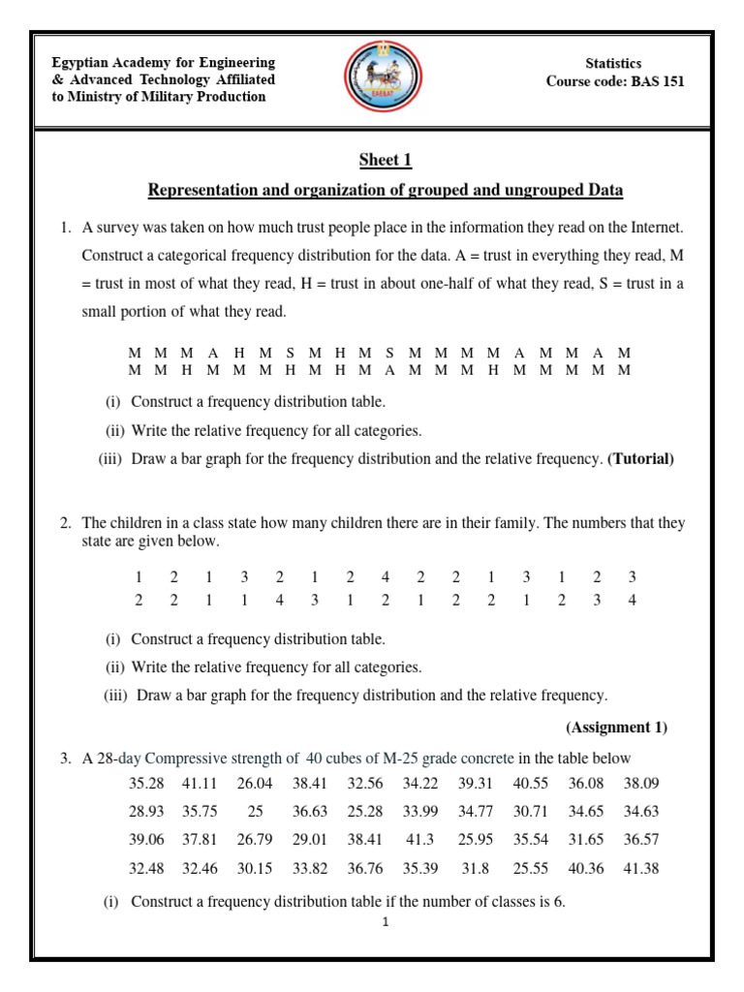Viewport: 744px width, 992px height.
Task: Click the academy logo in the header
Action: pyautogui.click(x=383, y=80)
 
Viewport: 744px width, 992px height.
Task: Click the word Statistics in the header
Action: pyautogui.click(x=614, y=63)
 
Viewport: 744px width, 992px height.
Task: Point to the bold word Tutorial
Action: pyautogui.click(x=639, y=459)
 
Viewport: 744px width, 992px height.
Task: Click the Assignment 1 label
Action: pyautogui.click(x=616, y=727)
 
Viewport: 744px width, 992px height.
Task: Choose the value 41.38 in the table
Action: pyautogui.click(x=640, y=868)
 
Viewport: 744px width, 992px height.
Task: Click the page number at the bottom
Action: pyautogui.click(x=385, y=922)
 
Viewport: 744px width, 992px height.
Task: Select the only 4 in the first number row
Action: pyautogui.click(x=386, y=576)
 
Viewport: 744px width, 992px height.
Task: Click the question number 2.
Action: pyautogui.click(x=64, y=523)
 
